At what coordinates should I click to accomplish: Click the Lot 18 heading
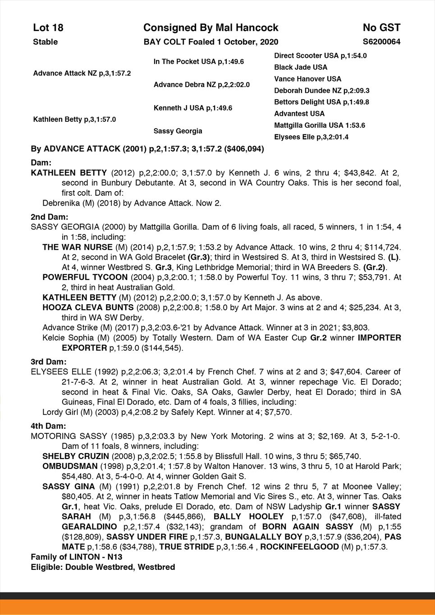48,28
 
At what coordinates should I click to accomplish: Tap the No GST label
381,28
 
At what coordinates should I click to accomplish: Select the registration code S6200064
381,42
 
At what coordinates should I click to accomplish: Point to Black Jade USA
301,67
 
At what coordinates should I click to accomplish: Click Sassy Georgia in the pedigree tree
178,131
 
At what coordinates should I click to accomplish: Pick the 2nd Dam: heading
49,217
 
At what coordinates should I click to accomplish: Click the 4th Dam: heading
48,426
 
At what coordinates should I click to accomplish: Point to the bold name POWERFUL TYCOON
84,277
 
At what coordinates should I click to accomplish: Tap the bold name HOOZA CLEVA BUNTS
88,307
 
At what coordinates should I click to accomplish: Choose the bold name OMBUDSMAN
70,466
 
